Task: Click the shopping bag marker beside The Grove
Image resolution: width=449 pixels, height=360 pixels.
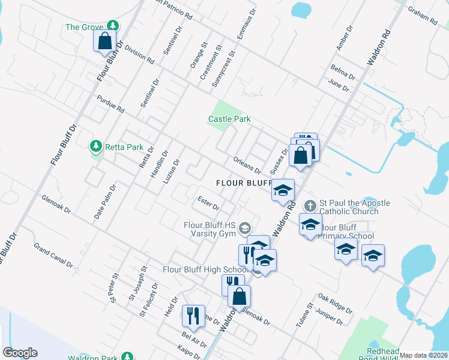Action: coord(105,41)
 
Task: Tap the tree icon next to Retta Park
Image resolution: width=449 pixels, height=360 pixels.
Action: coord(95,146)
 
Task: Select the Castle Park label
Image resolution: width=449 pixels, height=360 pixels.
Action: coord(229,119)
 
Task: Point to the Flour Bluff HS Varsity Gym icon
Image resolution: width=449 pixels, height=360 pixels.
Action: coord(244,228)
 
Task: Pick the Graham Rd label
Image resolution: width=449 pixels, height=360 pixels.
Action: coord(423,17)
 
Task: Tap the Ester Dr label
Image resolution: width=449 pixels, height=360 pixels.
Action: coord(208,202)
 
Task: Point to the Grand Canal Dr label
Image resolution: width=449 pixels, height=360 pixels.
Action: coord(53,255)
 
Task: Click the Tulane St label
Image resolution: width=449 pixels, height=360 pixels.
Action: coord(304,314)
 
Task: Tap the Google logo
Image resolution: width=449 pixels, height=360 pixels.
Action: coord(20,353)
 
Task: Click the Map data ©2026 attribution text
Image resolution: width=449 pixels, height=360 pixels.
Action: coord(423,355)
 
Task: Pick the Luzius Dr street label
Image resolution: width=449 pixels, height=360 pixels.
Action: coord(172,171)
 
